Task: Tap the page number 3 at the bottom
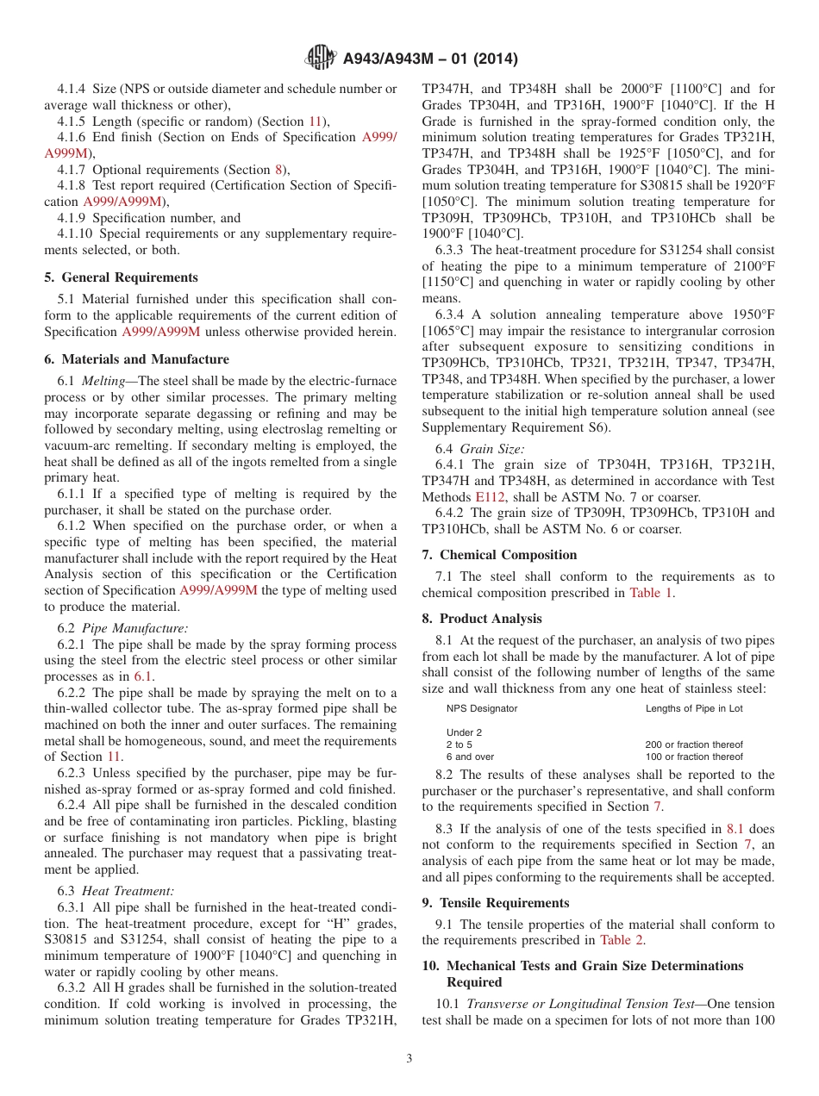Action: (409, 1059)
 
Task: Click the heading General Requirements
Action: (129, 277)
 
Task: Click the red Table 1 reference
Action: (652, 593)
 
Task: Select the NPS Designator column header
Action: (482, 708)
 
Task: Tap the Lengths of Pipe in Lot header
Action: (693, 708)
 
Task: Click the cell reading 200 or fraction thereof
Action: (693, 744)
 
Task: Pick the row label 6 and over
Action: (470, 757)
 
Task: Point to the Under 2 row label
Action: (464, 732)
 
